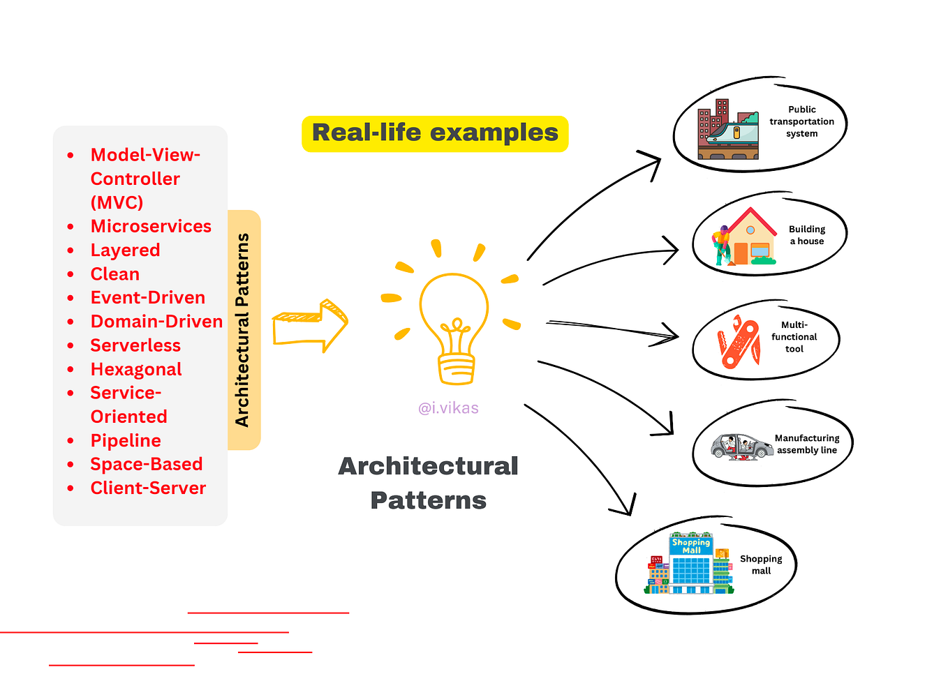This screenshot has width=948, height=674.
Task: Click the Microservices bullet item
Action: tap(151, 227)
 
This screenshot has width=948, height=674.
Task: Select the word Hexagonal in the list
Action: tap(136, 370)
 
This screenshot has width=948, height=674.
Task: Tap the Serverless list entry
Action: tap(135, 346)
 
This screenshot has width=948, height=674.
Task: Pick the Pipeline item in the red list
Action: tap(126, 441)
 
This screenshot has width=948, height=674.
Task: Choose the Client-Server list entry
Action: tap(148, 488)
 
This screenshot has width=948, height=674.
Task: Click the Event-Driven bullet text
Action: tap(148, 298)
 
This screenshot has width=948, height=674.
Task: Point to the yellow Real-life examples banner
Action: tap(435, 133)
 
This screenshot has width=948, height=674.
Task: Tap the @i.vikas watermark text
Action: tap(448, 408)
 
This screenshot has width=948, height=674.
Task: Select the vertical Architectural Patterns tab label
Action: tap(243, 330)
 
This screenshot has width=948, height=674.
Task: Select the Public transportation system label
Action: tap(801, 122)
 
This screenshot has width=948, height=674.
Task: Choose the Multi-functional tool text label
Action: tap(794, 337)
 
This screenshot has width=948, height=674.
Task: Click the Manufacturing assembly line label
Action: tap(807, 444)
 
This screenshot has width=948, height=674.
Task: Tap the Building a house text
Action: tap(807, 235)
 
